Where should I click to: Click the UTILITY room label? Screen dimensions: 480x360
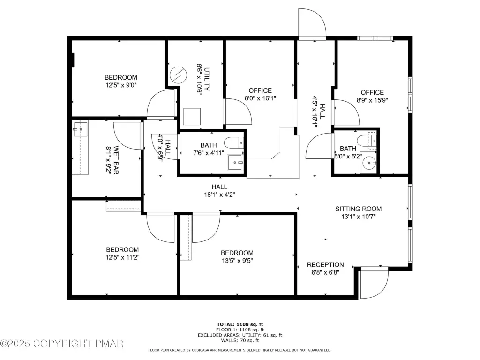pos(207,79)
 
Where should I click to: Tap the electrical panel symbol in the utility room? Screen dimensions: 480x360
pos(178,75)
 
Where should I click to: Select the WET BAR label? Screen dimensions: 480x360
pos(116,160)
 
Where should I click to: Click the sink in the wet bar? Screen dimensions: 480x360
pos(80,129)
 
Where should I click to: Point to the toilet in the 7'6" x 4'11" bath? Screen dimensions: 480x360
pos(234,142)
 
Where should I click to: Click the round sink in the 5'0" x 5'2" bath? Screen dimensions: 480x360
pos(369,163)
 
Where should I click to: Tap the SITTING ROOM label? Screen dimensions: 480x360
pos(359,209)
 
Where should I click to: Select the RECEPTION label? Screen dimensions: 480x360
pos(325,264)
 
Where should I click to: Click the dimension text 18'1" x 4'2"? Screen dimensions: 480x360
pos(219,195)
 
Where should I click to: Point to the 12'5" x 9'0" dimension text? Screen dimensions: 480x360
pos(121,85)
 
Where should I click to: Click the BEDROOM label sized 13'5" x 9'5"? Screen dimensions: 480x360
pos(237,253)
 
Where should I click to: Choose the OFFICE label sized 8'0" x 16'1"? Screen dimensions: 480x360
pos(260,90)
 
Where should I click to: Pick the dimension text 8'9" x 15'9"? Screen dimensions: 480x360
pos(372,100)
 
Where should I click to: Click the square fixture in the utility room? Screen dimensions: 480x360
pos(192,116)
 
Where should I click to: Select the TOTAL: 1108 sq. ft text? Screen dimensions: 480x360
pos(240,324)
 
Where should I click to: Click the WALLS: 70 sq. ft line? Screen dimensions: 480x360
pos(240,340)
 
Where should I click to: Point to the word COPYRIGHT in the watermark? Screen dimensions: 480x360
pos(62,344)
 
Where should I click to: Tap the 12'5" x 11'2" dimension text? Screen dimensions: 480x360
pos(122,257)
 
